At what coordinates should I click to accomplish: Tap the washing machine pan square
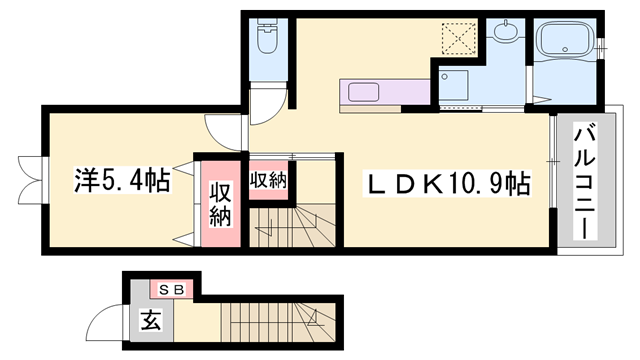click(x=456, y=87)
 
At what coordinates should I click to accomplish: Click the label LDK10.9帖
click(x=447, y=183)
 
